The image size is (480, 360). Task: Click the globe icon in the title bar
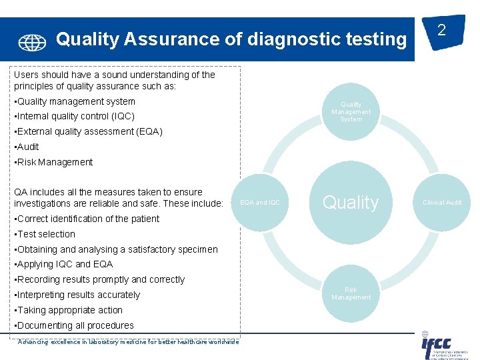(32, 43)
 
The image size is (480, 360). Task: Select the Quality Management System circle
(351, 112)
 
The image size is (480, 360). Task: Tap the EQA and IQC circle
(260, 203)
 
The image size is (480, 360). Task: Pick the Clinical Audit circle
(442, 203)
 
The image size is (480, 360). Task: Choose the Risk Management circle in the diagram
(351, 293)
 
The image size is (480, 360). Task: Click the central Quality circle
(351, 203)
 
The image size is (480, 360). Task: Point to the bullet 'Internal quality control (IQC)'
(75, 117)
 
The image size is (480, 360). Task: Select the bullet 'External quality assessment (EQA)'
(89, 131)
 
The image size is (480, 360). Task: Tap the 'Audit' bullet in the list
(27, 147)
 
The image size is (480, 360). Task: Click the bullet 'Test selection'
(45, 234)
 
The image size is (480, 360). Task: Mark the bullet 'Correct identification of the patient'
(87, 219)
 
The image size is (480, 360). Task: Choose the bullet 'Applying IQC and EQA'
(65, 264)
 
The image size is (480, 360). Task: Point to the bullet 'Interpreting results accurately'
(78, 295)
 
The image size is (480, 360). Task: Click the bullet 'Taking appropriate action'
(69, 310)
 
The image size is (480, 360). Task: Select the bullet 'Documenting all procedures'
(75, 325)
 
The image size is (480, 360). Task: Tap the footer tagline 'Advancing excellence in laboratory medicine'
(127, 342)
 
